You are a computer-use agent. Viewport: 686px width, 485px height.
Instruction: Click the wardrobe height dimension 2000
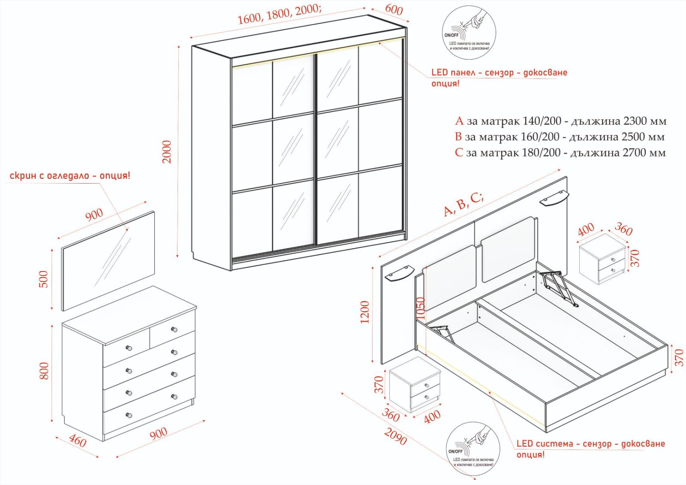click(167, 152)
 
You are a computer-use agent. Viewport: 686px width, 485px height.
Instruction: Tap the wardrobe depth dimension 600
click(394, 9)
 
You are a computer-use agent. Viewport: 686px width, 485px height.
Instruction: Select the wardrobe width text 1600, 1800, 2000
click(278, 14)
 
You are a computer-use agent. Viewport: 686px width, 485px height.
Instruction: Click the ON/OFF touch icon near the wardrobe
click(469, 33)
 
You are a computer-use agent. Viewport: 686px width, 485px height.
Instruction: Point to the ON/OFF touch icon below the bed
click(473, 448)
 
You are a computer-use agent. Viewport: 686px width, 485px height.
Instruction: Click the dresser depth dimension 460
click(78, 441)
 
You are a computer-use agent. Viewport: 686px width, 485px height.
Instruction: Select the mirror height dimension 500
click(44, 279)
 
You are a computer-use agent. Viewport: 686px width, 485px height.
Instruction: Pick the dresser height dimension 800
click(44, 371)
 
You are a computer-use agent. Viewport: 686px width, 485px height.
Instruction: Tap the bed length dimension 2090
click(395, 437)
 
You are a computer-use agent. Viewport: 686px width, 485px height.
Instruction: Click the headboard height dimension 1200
click(365, 312)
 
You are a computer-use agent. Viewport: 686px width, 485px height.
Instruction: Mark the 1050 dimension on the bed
click(421, 308)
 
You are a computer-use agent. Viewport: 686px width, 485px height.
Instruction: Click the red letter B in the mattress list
click(458, 137)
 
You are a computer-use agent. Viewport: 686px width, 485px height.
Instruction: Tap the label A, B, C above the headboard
click(463, 204)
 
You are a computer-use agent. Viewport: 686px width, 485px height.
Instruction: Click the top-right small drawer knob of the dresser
click(174, 329)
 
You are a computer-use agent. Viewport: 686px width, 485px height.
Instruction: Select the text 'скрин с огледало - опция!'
click(70, 176)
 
